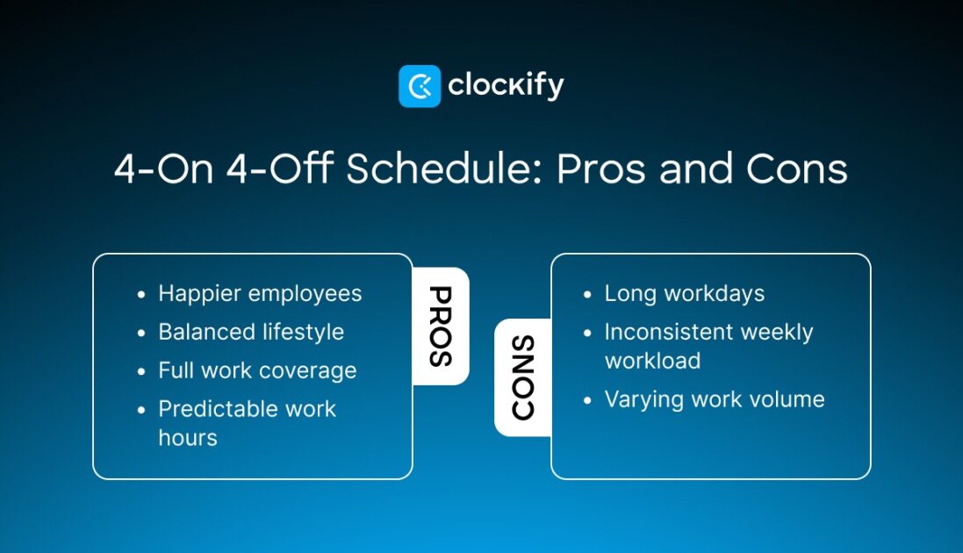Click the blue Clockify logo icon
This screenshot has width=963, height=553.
(x=420, y=86)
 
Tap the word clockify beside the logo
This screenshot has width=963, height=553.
(x=506, y=85)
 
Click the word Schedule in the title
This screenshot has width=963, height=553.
(x=443, y=169)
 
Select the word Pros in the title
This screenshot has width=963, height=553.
(x=601, y=169)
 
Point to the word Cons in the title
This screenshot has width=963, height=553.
(x=796, y=169)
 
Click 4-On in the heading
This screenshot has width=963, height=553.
(x=163, y=169)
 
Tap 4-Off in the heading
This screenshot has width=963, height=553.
(x=279, y=169)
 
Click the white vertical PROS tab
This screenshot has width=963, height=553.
(x=441, y=327)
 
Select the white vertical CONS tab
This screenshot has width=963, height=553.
(x=522, y=377)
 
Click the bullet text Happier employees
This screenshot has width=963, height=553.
(x=260, y=294)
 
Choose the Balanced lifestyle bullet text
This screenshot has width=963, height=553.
(x=251, y=332)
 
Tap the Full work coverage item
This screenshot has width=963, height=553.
(x=257, y=370)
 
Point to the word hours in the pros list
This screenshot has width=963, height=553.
(x=188, y=437)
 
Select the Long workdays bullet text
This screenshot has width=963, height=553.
(x=684, y=294)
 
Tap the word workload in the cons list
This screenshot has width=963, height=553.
(x=652, y=361)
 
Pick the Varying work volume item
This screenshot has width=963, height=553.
(x=715, y=399)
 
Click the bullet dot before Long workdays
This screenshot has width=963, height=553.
(x=587, y=295)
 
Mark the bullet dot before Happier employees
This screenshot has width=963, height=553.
(x=141, y=295)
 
